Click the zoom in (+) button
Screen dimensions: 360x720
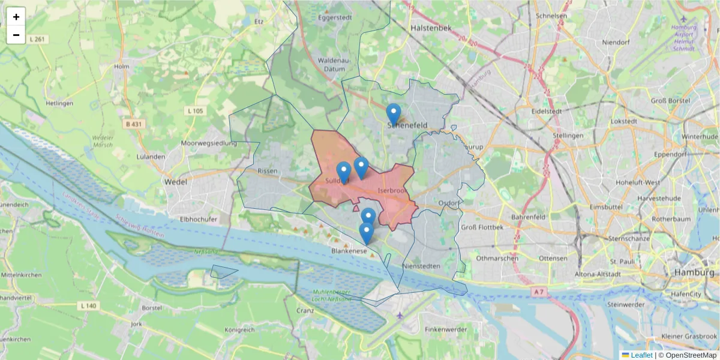16,17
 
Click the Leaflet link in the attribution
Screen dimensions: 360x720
641,355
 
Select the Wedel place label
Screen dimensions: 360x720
175,181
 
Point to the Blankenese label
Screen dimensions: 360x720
349,251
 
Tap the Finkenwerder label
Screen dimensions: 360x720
445,329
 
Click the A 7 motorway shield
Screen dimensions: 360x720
539,292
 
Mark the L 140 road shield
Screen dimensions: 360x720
88,306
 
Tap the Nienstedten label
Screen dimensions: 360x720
423,265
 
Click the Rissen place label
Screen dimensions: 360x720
268,170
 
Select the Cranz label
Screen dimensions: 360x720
306,311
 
